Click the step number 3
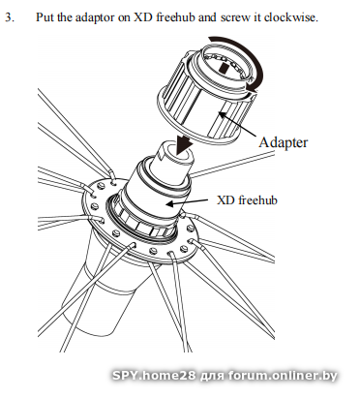point(10,17)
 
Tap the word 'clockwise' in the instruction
point(289,17)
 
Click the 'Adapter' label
point(284,142)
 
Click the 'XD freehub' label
point(247,200)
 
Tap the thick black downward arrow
point(184,143)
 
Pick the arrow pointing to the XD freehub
point(186,202)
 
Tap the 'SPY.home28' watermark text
point(154,376)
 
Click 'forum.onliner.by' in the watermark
point(283,376)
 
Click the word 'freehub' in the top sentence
point(175,17)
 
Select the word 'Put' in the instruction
point(45,17)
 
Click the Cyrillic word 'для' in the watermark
point(212,377)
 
